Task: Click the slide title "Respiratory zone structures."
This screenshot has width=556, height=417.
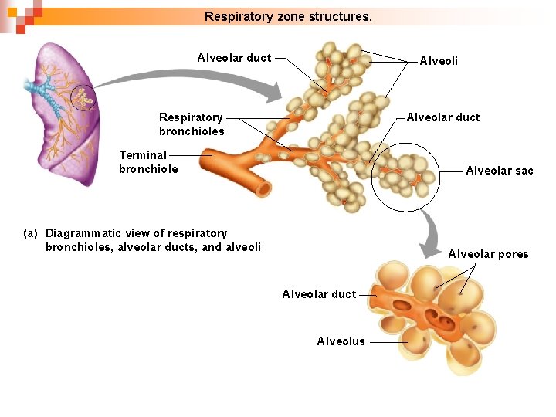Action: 288,15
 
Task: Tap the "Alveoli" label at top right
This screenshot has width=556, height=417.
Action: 438,61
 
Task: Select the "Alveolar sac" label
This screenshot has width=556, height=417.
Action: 499,171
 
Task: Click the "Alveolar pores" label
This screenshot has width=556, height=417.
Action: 488,254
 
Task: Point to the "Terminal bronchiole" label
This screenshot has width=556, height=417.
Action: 148,162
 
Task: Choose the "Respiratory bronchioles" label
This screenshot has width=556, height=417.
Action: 192,124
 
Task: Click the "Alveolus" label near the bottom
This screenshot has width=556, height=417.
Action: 341,341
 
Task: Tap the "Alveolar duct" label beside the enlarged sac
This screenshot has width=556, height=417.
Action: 319,294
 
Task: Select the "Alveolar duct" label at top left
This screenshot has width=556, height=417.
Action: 234,58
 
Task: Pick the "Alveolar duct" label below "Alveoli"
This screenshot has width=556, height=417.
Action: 442,117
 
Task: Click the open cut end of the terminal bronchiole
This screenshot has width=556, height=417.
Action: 263,188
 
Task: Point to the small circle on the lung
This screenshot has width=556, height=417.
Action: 82,98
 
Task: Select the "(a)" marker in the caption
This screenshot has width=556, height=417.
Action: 31,233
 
